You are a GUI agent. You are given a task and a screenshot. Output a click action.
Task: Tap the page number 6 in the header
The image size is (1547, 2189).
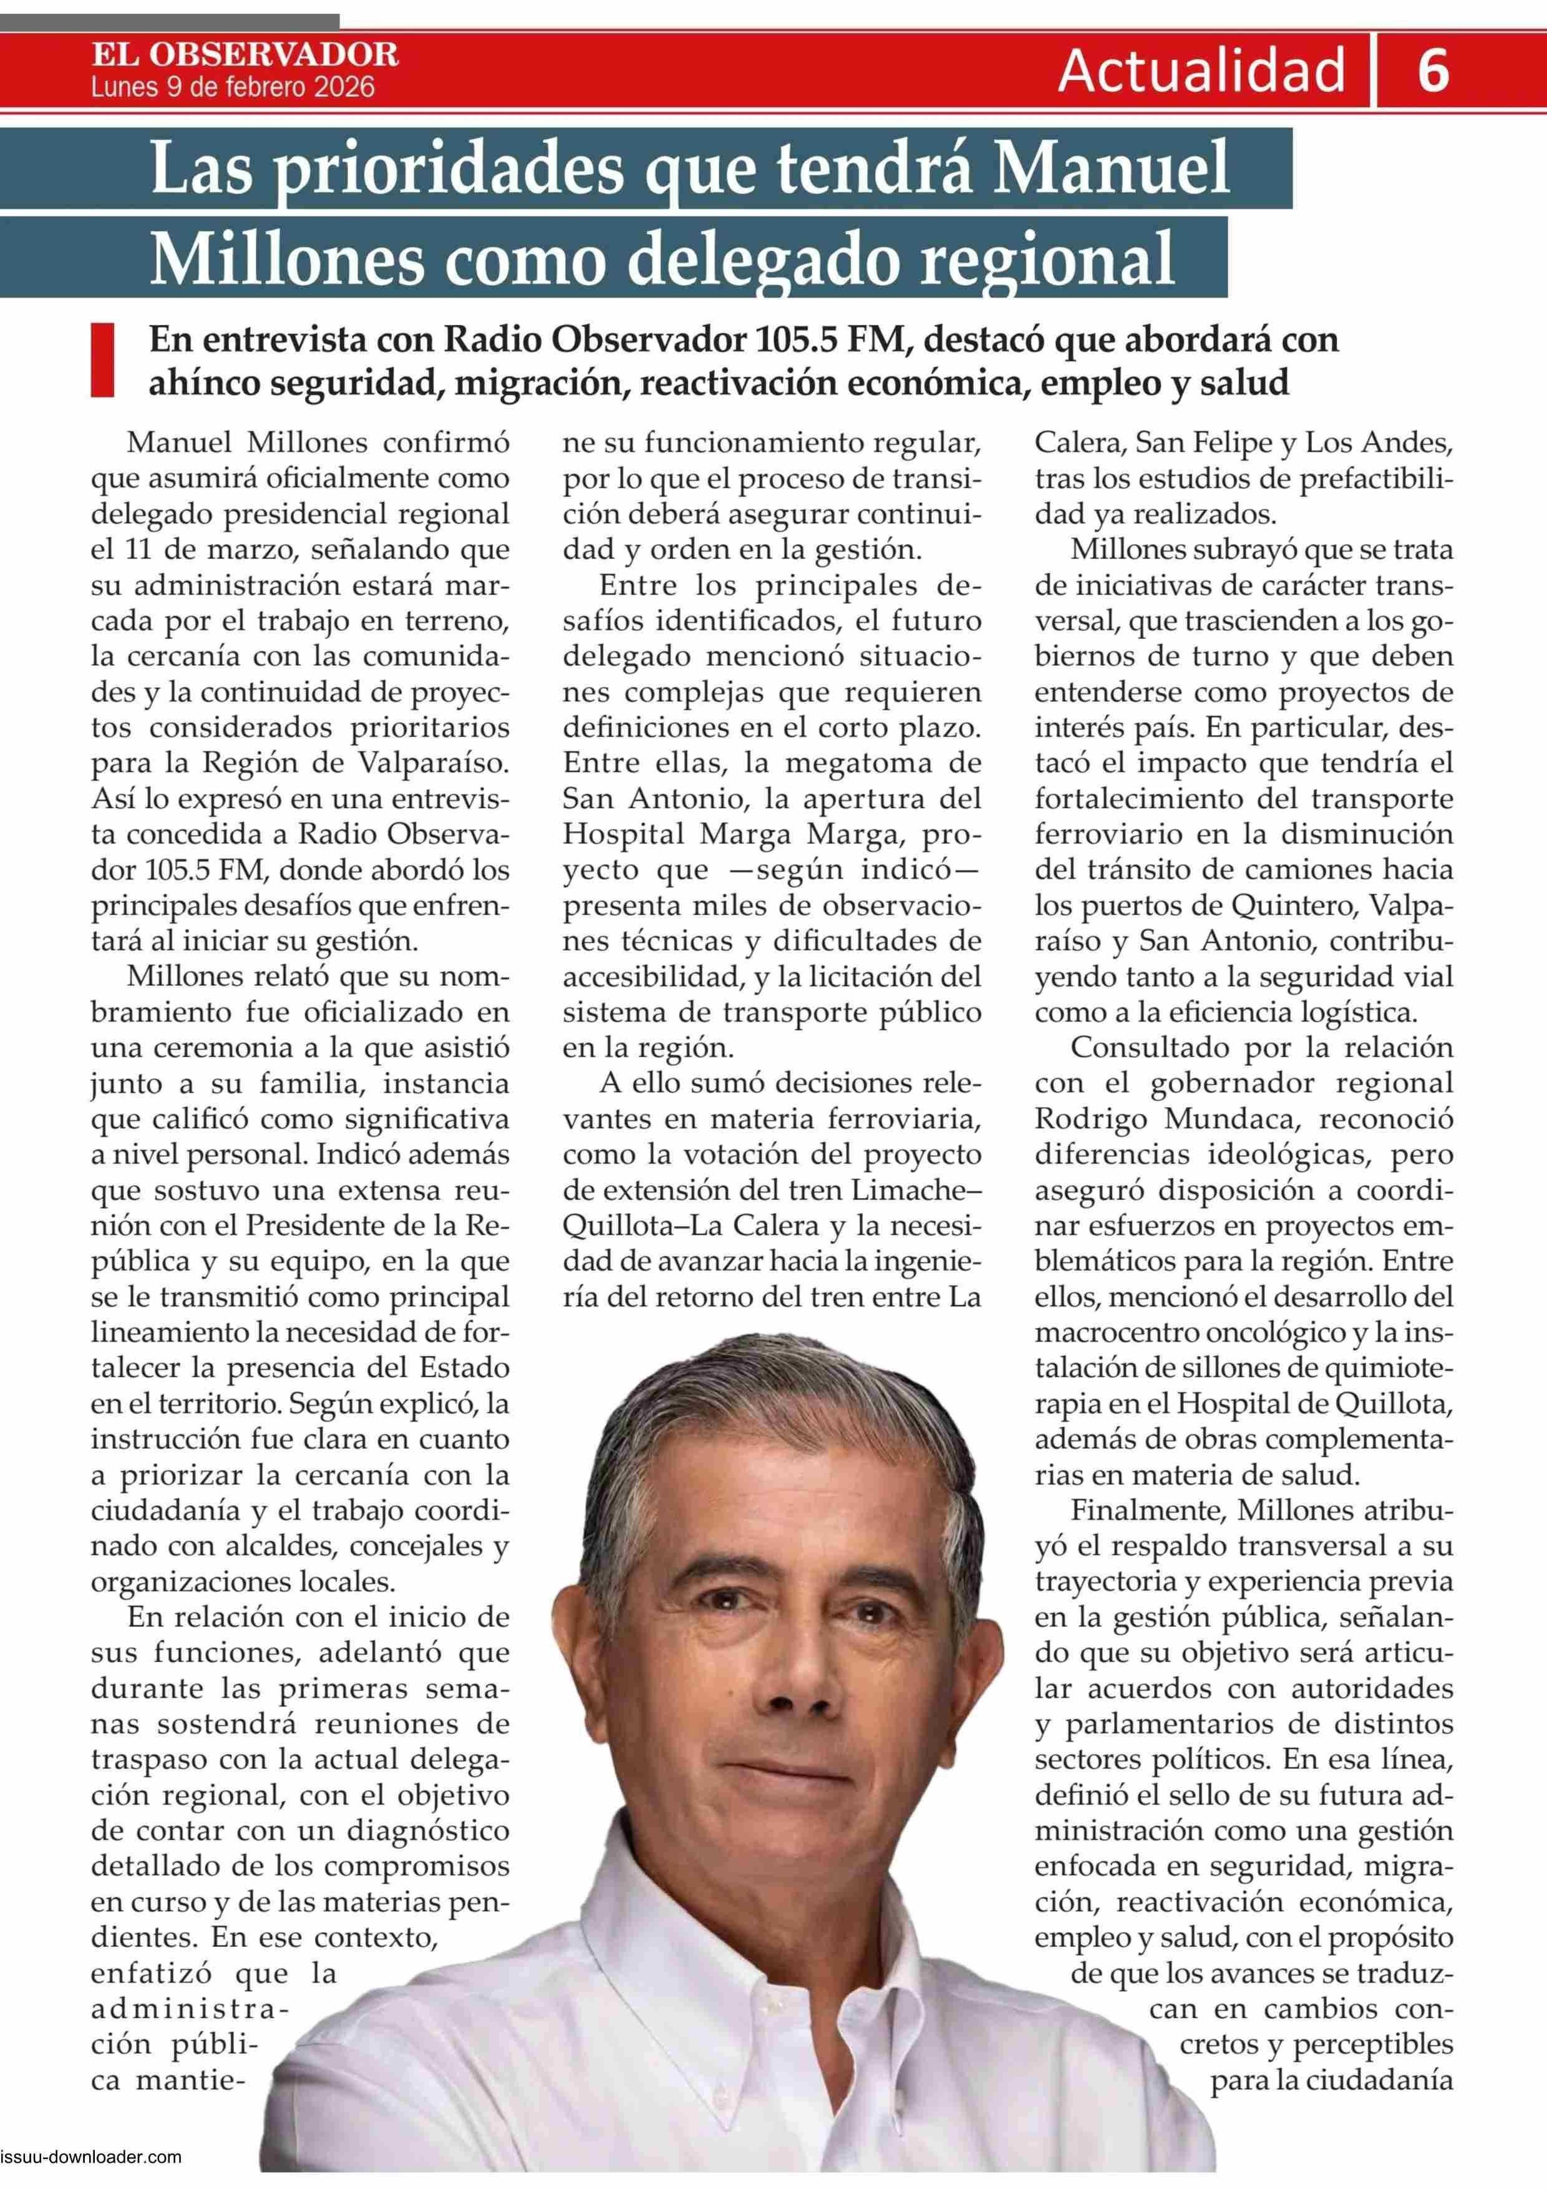[1433, 71]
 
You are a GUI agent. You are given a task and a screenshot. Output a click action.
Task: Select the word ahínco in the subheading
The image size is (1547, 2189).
[203, 383]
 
